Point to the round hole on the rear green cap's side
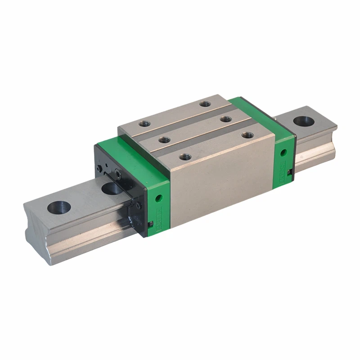[x=283, y=153]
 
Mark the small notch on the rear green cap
[x=291, y=170]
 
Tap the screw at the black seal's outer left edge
[x=99, y=169]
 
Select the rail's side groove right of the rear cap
[x=315, y=144]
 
